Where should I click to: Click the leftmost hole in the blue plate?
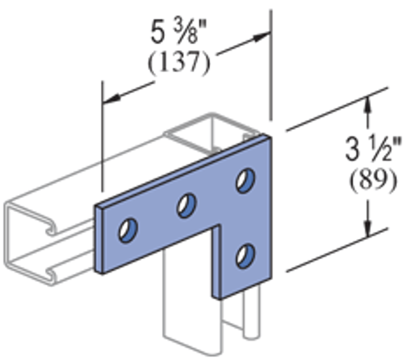coord(127,230)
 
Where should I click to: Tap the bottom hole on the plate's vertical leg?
coord(245,255)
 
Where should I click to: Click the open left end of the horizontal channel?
coord(28,239)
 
